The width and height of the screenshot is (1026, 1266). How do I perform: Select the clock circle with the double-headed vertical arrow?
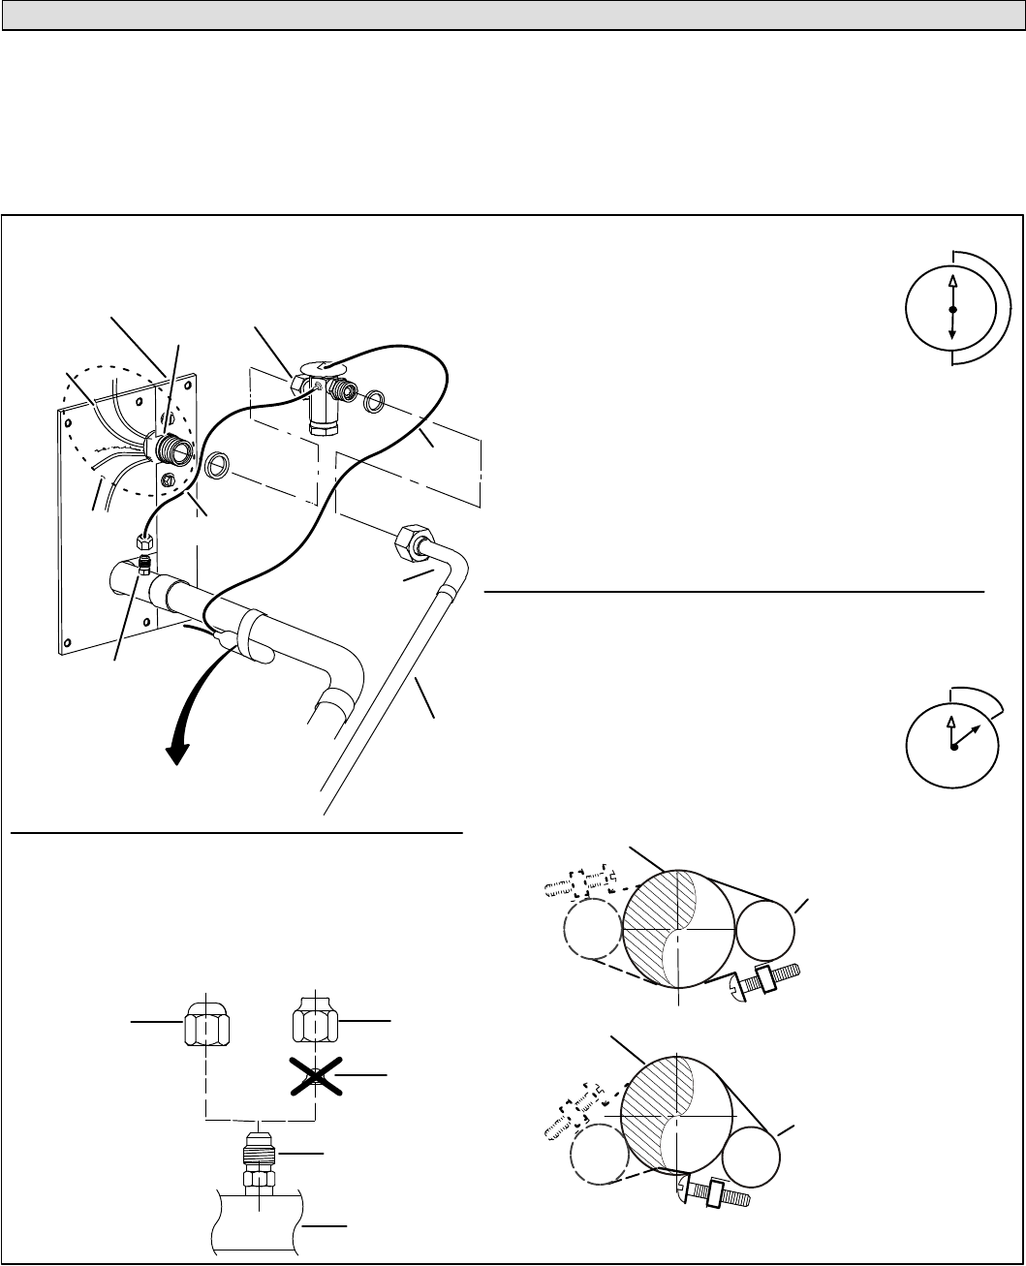952,309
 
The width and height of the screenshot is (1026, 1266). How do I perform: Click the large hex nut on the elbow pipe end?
413,542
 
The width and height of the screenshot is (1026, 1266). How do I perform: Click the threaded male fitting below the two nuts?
259,1160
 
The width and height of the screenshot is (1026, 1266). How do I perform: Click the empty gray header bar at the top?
513,15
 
